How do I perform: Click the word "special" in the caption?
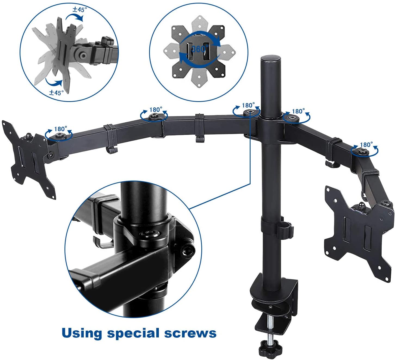134,333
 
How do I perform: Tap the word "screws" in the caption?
190,333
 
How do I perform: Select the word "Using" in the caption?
82,333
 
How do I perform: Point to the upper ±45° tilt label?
80,9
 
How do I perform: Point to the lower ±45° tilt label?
56,92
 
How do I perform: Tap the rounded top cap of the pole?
271,58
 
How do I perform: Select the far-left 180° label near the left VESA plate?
61,129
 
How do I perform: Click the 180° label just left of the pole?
248,105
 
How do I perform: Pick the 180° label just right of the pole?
298,111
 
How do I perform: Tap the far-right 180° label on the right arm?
366,145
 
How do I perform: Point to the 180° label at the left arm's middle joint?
156,110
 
